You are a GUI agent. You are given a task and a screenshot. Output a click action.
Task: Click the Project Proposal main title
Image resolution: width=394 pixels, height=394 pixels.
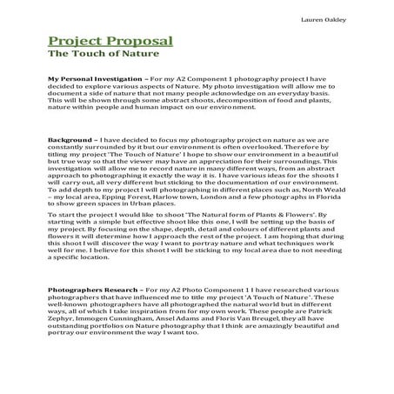coord(110,41)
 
